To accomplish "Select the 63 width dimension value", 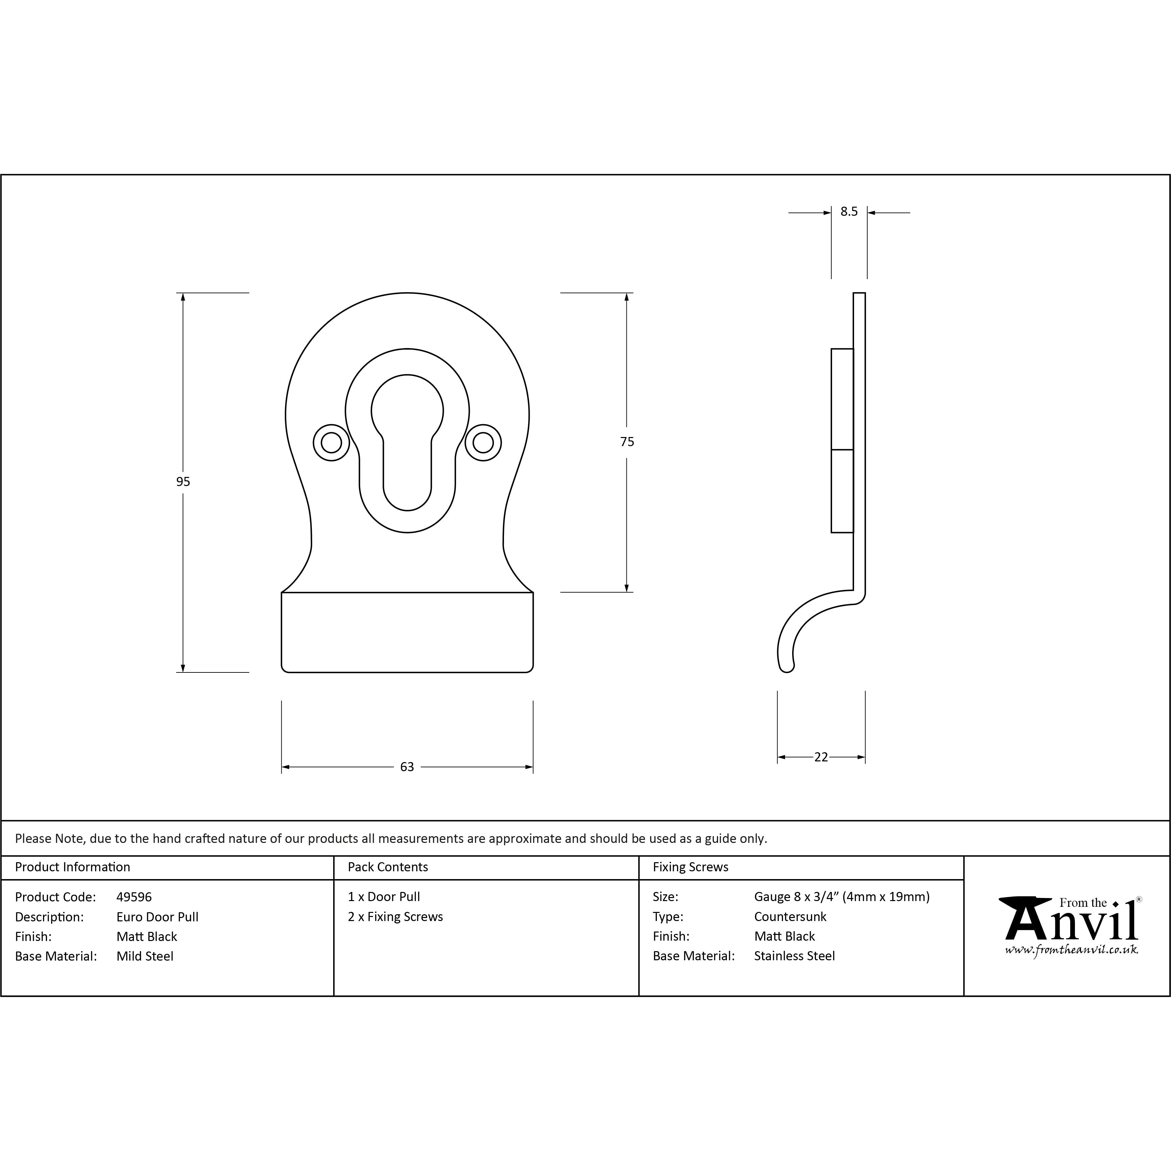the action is tap(407, 767).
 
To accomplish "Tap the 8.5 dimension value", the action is tap(849, 211).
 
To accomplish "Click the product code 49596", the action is tap(134, 897).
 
